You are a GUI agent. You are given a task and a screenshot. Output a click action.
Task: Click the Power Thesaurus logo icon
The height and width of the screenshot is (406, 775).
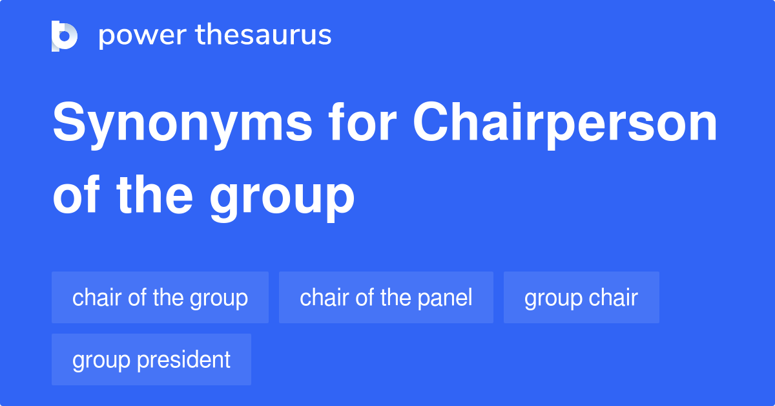(x=65, y=36)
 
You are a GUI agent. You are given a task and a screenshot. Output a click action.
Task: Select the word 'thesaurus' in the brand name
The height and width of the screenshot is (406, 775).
(x=263, y=36)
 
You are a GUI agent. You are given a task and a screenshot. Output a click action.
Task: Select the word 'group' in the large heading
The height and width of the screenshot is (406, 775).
(x=282, y=197)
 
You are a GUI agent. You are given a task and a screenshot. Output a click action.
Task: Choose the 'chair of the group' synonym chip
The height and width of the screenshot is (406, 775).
(x=160, y=297)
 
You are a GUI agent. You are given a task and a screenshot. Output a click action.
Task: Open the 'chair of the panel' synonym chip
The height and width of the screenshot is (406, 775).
(x=386, y=297)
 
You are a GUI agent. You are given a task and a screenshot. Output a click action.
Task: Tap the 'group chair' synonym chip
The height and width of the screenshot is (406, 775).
(x=581, y=297)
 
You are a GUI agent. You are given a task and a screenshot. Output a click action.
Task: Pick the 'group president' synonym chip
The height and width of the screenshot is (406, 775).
(x=151, y=359)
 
